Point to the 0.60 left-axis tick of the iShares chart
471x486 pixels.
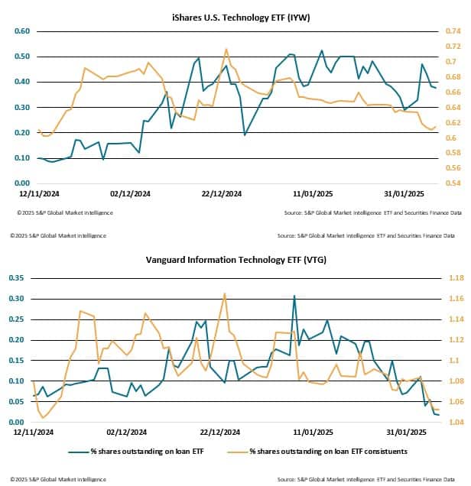click(21, 31)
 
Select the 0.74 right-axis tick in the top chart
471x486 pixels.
click(453, 31)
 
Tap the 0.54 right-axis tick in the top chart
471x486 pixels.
click(453, 183)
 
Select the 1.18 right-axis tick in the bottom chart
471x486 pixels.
click(453, 277)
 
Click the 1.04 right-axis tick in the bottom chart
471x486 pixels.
click(453, 422)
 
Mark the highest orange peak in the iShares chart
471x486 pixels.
click(226, 50)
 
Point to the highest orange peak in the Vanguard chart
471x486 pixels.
click(225, 293)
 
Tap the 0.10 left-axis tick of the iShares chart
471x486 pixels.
click(21, 158)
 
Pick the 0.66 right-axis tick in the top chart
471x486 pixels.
click(453, 92)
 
